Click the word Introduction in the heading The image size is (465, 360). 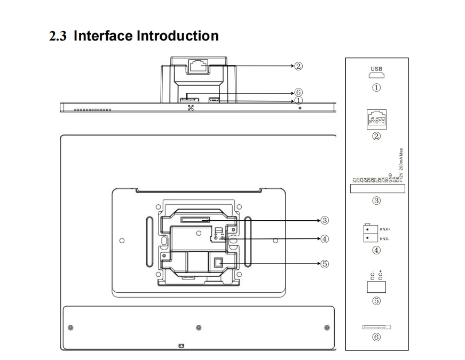(x=178, y=36)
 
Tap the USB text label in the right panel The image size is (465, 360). (x=376, y=69)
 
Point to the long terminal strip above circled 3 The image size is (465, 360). (x=376, y=188)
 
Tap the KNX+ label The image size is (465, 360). (x=385, y=229)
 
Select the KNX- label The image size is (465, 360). (x=385, y=238)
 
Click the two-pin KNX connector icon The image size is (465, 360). (x=367, y=233)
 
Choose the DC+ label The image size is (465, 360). (x=380, y=275)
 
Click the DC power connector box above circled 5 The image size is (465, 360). (x=376, y=287)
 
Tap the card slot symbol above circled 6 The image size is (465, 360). (x=376, y=327)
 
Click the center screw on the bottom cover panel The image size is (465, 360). (x=199, y=327)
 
